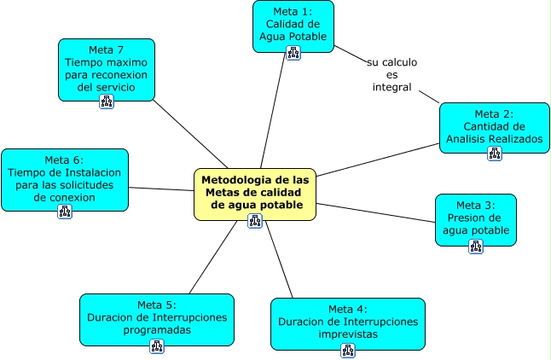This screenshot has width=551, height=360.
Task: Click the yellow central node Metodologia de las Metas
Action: (x=254, y=191)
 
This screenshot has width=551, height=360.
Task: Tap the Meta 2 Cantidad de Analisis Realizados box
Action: (x=495, y=126)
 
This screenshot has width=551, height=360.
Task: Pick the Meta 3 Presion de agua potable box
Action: (x=475, y=217)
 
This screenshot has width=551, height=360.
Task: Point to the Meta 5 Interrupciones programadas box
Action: (x=156, y=317)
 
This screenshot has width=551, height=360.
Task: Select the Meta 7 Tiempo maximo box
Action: (x=107, y=68)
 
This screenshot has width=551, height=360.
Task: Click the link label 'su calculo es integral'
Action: (x=391, y=75)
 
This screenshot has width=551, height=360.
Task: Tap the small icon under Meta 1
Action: (x=293, y=53)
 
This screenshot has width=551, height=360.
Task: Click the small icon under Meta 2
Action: (x=495, y=154)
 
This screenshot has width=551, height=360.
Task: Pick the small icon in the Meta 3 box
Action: (x=475, y=246)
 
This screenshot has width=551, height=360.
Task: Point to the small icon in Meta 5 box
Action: (x=156, y=345)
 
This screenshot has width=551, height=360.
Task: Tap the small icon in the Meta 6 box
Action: (x=65, y=211)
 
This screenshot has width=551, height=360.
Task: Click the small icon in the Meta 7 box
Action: (x=107, y=102)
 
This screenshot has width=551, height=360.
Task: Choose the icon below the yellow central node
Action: (x=253, y=221)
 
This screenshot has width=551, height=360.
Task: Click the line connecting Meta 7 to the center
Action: (x=192, y=136)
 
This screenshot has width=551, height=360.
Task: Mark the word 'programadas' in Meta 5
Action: (x=156, y=328)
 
